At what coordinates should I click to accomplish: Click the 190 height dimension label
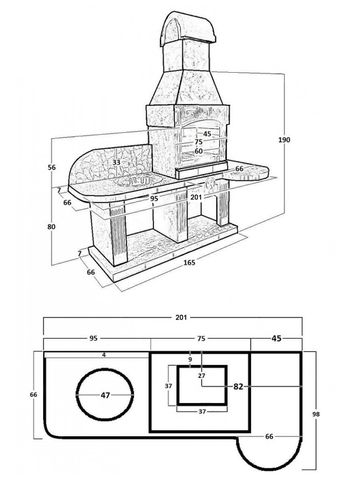point(284,140)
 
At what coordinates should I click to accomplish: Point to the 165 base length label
point(189,262)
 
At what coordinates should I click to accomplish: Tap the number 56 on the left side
point(52,167)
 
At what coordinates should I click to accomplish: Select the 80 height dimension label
point(52,227)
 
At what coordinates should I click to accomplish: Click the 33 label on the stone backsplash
point(116,162)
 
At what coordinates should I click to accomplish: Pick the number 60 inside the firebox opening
point(199,151)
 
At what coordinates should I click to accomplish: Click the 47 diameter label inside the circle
point(105,395)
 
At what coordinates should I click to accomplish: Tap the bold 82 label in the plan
point(238,387)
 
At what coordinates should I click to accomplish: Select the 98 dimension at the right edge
point(316,414)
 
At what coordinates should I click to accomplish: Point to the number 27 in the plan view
point(202,375)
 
